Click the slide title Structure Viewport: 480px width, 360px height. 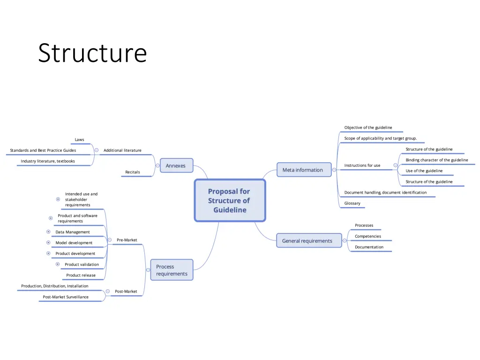[92, 52]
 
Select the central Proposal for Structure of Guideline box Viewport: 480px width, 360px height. [230, 201]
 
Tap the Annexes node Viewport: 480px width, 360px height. [176, 165]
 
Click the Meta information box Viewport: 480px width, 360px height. [302, 170]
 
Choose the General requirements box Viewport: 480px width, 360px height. [307, 241]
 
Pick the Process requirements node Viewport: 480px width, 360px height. [172, 270]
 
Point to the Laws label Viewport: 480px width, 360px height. [80, 140]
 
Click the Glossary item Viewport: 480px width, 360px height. [352, 203]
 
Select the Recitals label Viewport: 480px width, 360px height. [133, 172]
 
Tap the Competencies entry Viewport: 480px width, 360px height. [368, 236]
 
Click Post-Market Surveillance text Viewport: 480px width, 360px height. [66, 297]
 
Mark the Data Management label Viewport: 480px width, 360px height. [73, 232]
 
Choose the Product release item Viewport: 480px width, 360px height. [81, 275]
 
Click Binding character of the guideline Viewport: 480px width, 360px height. [437, 160]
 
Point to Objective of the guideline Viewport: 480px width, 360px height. [368, 127]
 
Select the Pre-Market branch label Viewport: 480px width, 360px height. [127, 240]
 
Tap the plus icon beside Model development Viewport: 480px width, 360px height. [48, 243]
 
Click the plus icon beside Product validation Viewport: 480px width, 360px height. [58, 264]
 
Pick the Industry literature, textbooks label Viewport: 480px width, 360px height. [48, 161]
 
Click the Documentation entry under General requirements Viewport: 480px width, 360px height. [369, 247]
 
